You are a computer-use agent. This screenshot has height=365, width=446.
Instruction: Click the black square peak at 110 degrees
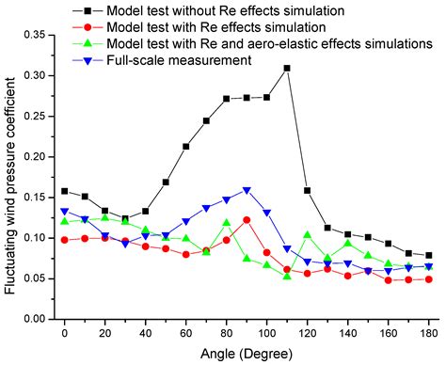tap(287, 68)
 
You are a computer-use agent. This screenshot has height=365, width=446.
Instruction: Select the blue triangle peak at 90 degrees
tap(247, 189)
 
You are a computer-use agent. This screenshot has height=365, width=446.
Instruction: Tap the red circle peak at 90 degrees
tap(247, 219)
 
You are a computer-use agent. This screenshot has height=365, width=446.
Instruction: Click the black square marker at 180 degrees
tap(428, 255)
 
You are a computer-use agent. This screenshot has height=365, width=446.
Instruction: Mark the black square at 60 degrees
tap(186, 146)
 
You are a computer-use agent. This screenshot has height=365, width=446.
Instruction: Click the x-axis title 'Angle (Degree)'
tap(247, 354)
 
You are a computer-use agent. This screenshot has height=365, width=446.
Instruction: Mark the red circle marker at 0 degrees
tap(65, 240)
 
